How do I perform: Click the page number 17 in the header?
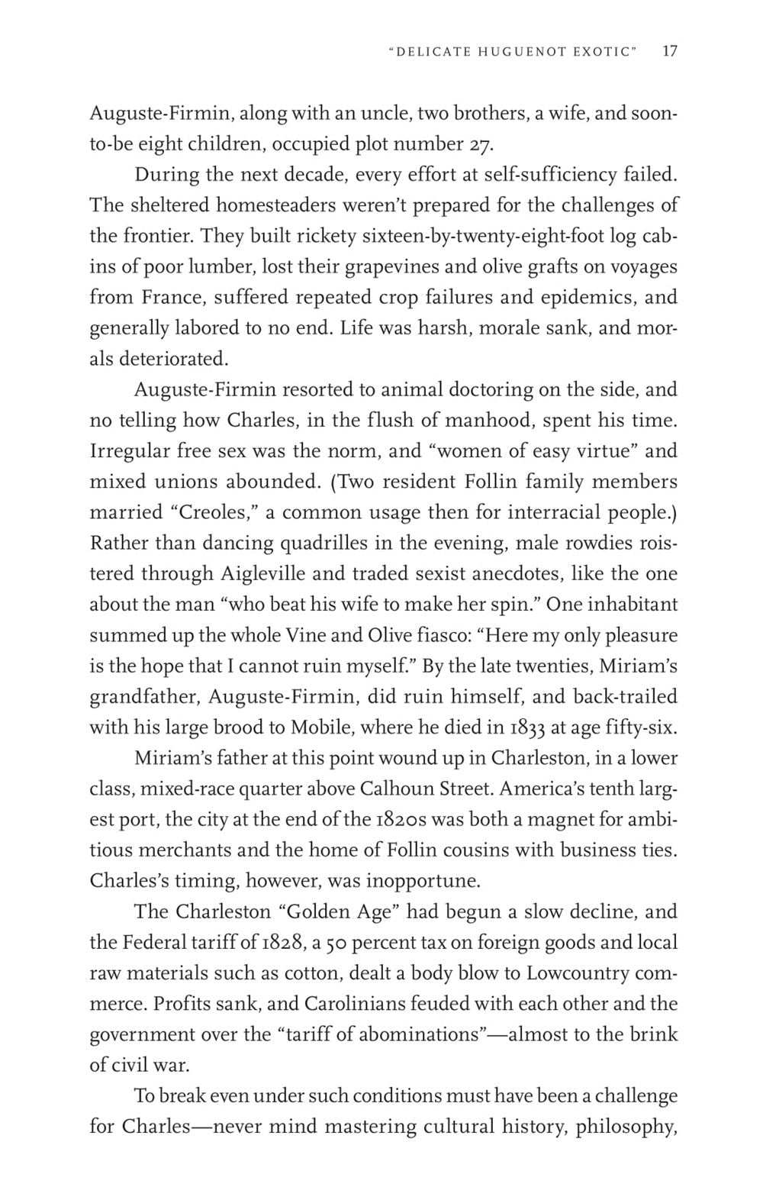[x=670, y=52]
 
